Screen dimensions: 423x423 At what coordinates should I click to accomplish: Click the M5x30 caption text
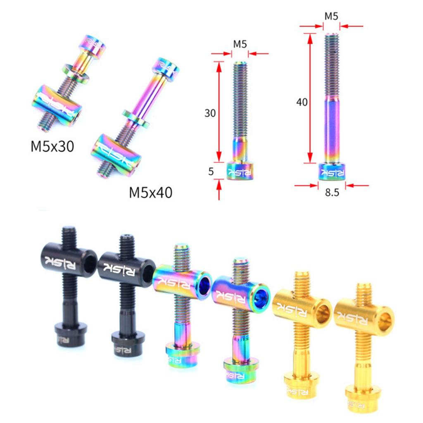click(x=52, y=147)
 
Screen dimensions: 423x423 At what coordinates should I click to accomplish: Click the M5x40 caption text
click(x=150, y=192)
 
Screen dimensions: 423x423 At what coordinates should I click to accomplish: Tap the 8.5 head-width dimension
click(x=332, y=192)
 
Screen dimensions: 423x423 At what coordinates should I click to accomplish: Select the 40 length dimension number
click(x=302, y=102)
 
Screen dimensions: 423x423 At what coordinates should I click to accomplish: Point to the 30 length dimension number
click(x=210, y=113)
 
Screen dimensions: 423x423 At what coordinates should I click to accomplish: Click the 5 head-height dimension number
click(x=211, y=171)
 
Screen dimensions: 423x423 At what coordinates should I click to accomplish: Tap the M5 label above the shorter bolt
click(x=240, y=44)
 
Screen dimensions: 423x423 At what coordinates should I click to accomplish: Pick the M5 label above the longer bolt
click(x=331, y=16)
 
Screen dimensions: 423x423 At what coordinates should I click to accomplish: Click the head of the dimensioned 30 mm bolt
click(x=240, y=171)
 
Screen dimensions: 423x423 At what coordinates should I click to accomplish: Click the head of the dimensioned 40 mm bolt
click(x=332, y=171)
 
